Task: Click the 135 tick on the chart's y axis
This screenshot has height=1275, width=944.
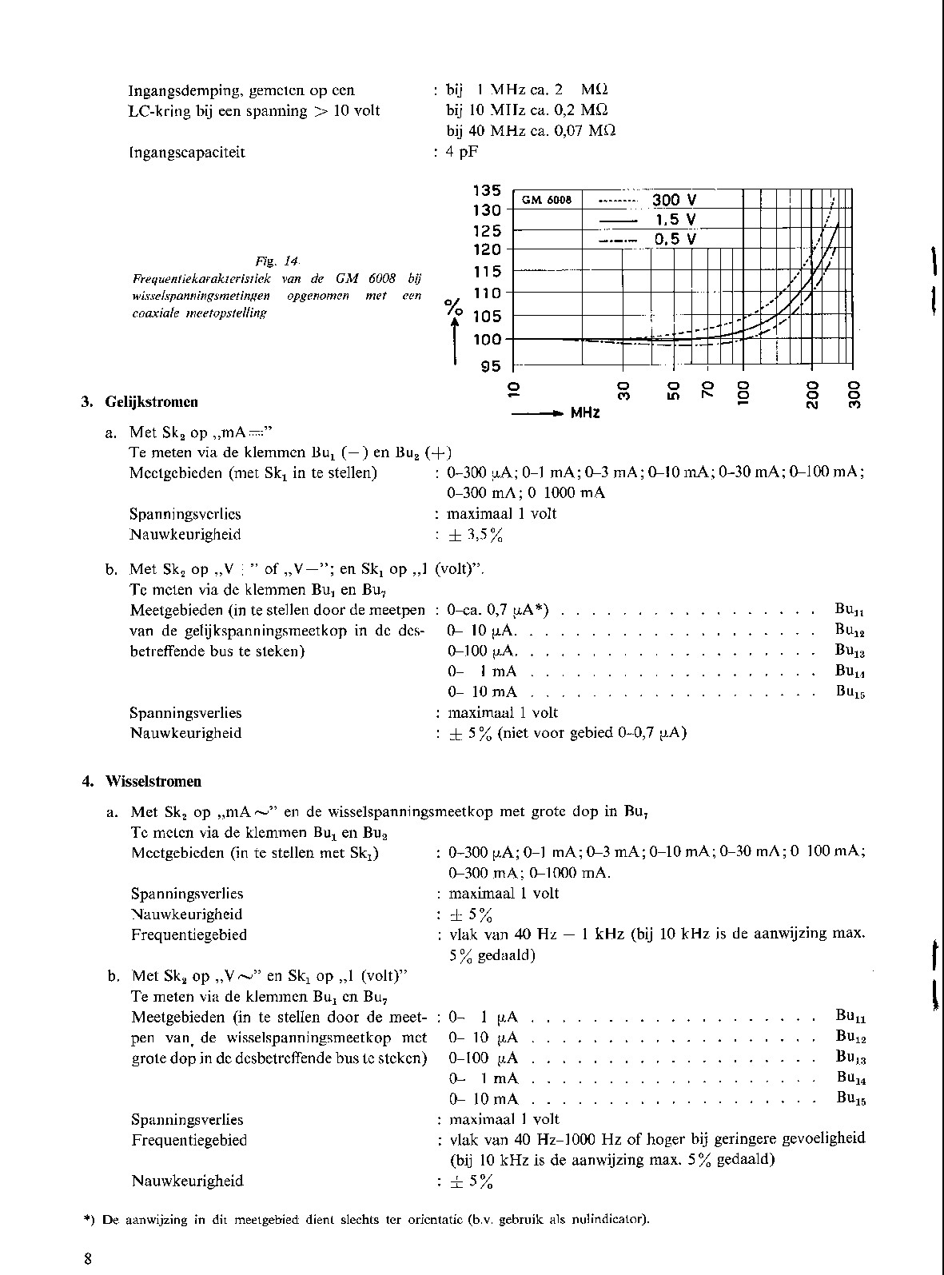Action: [487, 191]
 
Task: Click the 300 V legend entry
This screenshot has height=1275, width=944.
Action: [674, 201]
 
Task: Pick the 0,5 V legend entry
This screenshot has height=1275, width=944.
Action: [675, 239]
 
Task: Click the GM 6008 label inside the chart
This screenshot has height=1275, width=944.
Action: [548, 201]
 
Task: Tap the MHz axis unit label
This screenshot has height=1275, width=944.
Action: [585, 413]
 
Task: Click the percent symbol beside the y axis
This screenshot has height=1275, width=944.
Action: [454, 306]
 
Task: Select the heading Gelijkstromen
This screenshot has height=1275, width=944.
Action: [152, 402]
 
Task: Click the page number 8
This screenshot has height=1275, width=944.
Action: [88, 1259]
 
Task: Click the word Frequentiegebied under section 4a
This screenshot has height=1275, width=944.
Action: [189, 934]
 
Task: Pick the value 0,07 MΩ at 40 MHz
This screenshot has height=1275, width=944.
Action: [584, 130]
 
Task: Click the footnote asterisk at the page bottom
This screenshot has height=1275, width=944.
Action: [90, 1220]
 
